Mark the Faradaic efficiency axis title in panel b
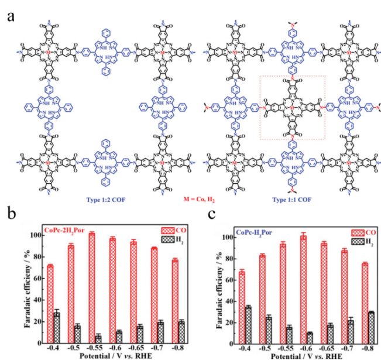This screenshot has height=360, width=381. [16, 288]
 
